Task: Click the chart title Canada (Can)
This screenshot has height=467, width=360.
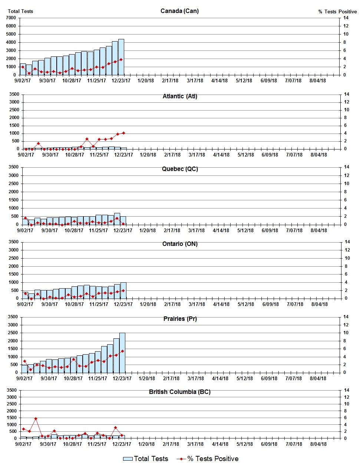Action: tap(179, 11)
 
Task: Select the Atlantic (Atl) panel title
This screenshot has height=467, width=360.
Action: tap(180, 96)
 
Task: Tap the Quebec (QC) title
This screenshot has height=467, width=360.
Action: tap(180, 169)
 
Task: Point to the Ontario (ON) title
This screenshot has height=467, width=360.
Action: tap(180, 244)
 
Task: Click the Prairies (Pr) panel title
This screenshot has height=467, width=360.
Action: tap(180, 319)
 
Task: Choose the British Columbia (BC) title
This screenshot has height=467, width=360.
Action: tap(180, 392)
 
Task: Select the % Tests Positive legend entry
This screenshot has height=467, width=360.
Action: tap(208, 459)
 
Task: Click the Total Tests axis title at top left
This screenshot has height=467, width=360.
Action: tap(20, 11)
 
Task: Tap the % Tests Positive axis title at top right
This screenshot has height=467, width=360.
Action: tap(337, 11)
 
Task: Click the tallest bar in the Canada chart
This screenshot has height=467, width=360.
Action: tap(121, 57)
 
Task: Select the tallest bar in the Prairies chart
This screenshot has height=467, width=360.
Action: tap(122, 352)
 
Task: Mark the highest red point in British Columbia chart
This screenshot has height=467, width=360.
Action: tap(36, 418)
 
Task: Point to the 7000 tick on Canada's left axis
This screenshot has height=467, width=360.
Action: tap(11, 18)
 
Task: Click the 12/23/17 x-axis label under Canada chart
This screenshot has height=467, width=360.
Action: tap(121, 80)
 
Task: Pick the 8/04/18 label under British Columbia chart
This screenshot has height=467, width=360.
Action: tap(318, 444)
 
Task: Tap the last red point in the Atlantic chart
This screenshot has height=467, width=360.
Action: tap(123, 133)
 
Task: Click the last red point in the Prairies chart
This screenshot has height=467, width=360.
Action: tap(122, 351)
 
